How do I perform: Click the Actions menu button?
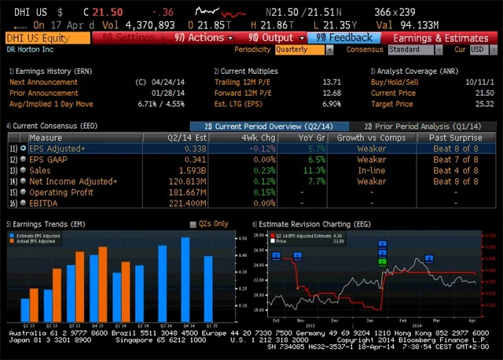[x=204, y=38]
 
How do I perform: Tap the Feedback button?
[x=345, y=38]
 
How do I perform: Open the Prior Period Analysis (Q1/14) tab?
[x=423, y=127]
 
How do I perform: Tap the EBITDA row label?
[x=46, y=204]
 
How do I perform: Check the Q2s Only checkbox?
[x=193, y=224]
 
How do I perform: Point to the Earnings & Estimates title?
[x=440, y=38]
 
